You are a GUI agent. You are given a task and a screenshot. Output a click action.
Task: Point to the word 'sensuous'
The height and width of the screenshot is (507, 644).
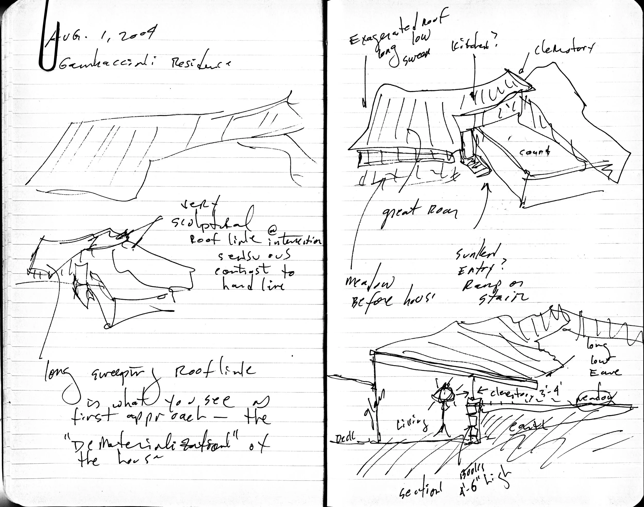click(254, 256)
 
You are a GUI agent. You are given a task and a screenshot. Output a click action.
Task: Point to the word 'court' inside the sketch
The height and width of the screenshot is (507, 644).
click(534, 152)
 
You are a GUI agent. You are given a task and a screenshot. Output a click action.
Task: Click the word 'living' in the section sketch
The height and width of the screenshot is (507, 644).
click(413, 425)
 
